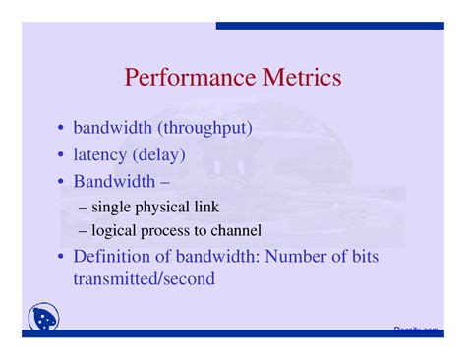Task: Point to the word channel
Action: (236, 231)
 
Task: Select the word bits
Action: (363, 257)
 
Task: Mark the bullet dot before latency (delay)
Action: (62, 155)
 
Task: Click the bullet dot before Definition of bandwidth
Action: (62, 258)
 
